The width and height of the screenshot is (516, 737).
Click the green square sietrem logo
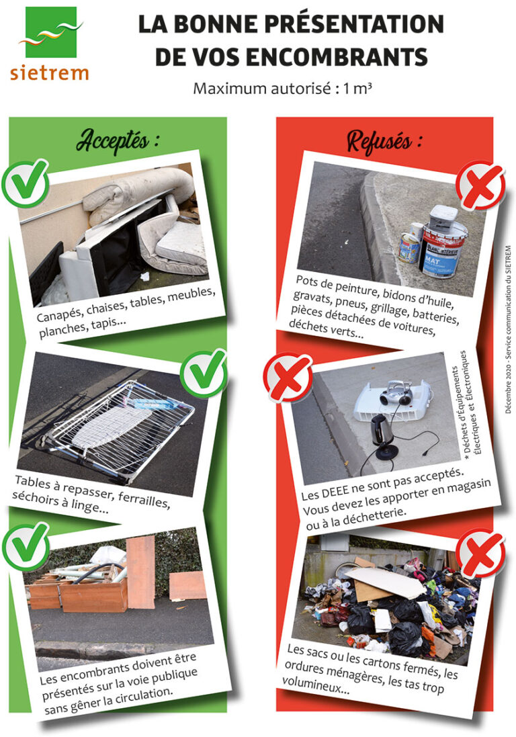pos(51,32)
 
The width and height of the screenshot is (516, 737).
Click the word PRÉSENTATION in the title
pos(354,24)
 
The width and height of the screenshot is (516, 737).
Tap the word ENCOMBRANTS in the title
pos(337,57)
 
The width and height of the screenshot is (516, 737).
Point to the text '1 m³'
pos(357,88)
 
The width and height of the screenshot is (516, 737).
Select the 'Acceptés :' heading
pos(118,140)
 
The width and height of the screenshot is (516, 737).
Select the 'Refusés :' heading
pos(384,140)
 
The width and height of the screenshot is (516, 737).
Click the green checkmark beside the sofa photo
pos(26,183)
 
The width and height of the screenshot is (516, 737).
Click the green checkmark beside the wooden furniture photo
pos(26,547)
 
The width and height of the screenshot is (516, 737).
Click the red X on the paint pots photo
pos(480,185)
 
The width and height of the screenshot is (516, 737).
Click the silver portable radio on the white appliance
pos(396,394)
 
